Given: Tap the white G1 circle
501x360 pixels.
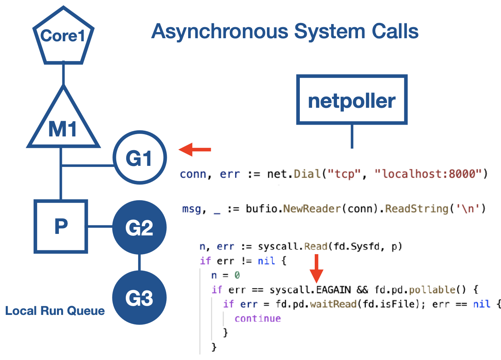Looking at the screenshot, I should pyautogui.click(x=140, y=158).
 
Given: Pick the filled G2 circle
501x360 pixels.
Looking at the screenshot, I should pyautogui.click(x=140, y=228).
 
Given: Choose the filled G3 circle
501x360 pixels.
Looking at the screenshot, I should pyautogui.click(x=140, y=298).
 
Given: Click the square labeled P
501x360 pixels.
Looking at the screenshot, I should pyautogui.click(x=61, y=227).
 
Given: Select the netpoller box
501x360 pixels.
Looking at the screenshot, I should pyautogui.click(x=351, y=100).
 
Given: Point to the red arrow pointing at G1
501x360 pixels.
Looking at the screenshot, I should pyautogui.click(x=195, y=149).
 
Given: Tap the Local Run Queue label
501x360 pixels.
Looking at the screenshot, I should pyautogui.click(x=55, y=311).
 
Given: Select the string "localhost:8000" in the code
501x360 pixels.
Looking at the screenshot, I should pyautogui.click(x=428, y=174).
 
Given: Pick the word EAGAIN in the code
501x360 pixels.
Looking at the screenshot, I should pyautogui.click(x=333, y=290).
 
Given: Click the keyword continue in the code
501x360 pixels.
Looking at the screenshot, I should pyautogui.click(x=257, y=318).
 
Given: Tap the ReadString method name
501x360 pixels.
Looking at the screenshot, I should pyautogui.click(x=416, y=209).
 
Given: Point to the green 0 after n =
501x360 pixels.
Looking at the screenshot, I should pyautogui.click(x=237, y=276).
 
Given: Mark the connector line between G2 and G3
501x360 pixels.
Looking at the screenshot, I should pyautogui.click(x=139, y=263).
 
